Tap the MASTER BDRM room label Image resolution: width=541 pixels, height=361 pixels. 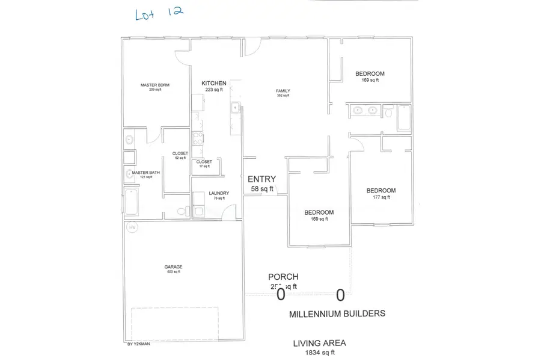155,85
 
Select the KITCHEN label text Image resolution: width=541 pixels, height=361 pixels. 213,83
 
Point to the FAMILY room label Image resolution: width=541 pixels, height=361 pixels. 283,91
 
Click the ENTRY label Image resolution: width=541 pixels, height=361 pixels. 262,179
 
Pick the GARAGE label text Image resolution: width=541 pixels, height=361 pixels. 174,267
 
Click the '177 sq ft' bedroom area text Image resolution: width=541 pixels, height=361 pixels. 381,199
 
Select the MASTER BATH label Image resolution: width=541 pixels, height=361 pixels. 146,173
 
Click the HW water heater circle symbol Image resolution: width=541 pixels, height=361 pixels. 132,227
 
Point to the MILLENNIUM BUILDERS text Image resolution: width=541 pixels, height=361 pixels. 337,314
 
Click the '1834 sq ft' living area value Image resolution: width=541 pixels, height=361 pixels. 319,352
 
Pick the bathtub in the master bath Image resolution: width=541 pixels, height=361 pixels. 130,201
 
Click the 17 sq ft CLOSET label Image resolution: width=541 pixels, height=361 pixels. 204,162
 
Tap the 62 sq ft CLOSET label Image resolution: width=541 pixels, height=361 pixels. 180,153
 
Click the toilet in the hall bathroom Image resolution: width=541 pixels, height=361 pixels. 388,113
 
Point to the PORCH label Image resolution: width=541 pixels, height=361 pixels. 283,277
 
